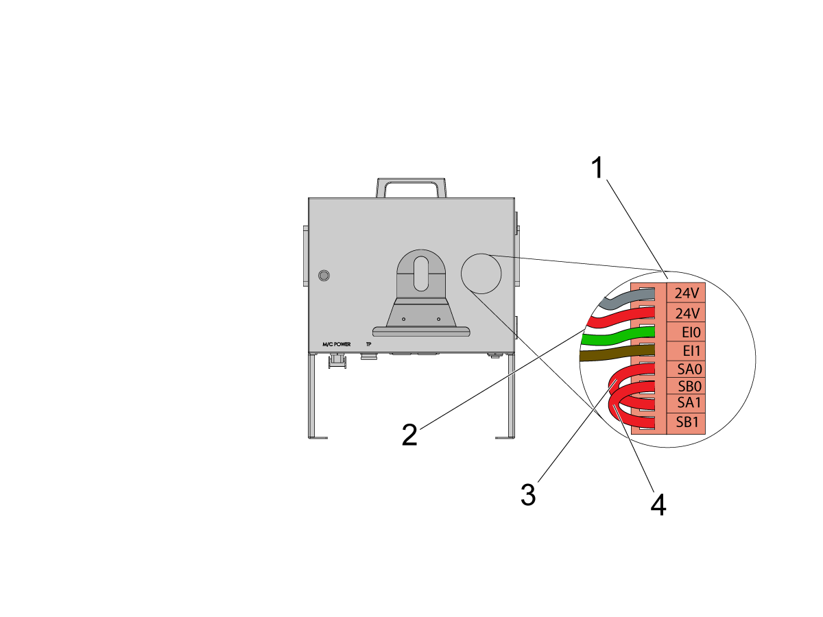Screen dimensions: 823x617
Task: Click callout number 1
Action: point(597,167)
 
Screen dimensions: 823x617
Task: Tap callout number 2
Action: point(409,435)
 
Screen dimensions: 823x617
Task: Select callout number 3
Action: point(528,494)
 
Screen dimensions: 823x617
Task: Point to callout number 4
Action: point(658,505)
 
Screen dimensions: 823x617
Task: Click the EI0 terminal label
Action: point(691,332)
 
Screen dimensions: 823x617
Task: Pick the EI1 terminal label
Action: point(691,350)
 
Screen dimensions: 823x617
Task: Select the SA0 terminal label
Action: point(689,370)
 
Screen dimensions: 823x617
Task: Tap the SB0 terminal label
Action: point(689,386)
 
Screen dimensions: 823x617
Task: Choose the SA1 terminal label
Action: point(689,402)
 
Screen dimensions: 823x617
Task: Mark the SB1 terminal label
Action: point(687,422)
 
